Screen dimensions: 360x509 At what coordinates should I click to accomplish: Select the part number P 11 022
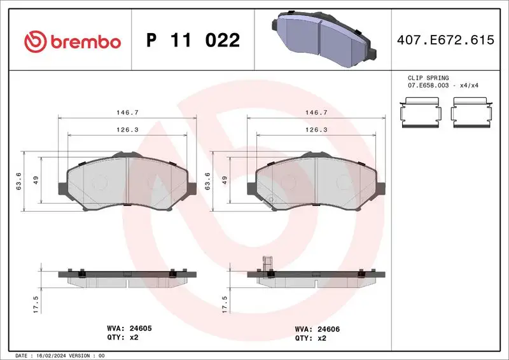coord(193,41)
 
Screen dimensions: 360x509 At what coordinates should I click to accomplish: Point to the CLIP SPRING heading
coord(428,78)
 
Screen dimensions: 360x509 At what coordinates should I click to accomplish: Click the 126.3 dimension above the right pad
coord(316,129)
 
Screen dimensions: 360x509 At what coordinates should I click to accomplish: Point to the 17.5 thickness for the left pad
coord(36,303)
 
